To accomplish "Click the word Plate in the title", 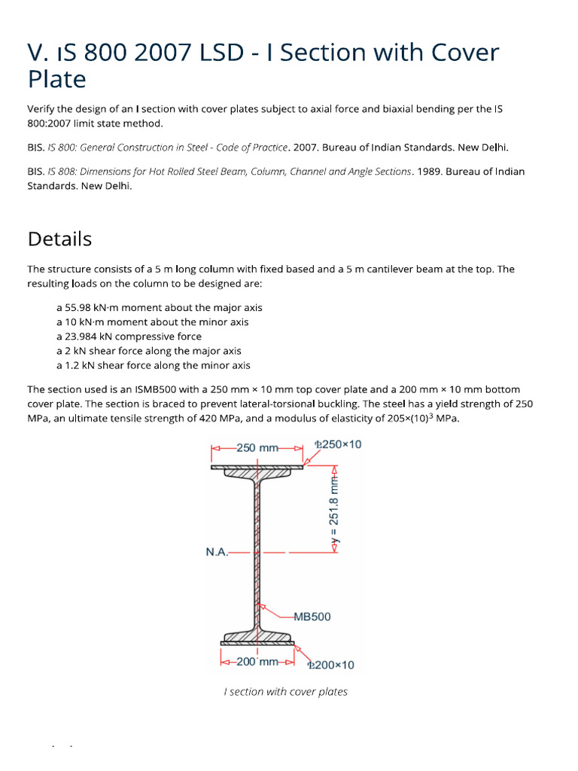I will [56, 79].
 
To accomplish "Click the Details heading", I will [59, 239].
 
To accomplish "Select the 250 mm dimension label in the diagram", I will [257, 448].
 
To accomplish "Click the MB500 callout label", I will [312, 616].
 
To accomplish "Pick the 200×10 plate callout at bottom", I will [330, 665].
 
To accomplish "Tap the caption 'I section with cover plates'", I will [286, 692].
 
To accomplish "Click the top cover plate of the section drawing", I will [257, 467].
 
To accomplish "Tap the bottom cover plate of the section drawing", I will [257, 643].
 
